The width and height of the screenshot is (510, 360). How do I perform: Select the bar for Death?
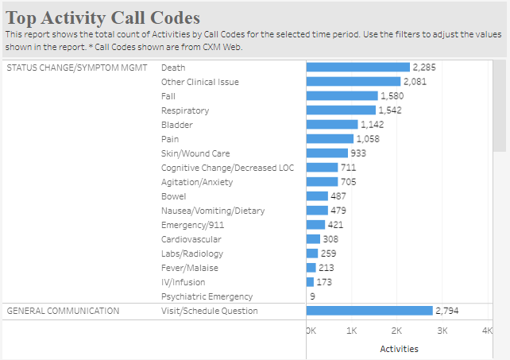tap(357, 68)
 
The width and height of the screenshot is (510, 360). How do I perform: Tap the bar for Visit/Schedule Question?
tap(369, 311)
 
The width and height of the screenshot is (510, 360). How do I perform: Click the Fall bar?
tap(342, 96)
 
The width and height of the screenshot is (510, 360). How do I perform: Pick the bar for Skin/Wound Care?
tap(327, 153)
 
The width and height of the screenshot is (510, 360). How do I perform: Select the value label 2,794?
tap(446, 311)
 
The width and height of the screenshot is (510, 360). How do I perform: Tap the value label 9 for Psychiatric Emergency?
tap(312, 296)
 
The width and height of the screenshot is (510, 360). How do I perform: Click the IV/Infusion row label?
tap(183, 282)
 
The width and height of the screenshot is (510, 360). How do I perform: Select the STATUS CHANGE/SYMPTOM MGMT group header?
tap(77, 68)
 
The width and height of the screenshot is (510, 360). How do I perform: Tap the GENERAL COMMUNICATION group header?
tap(63, 311)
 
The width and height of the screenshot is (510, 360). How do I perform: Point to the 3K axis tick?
tap(443, 330)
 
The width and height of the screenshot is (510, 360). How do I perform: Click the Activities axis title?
tap(399, 349)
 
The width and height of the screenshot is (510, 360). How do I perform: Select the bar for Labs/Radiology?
tap(312, 254)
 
